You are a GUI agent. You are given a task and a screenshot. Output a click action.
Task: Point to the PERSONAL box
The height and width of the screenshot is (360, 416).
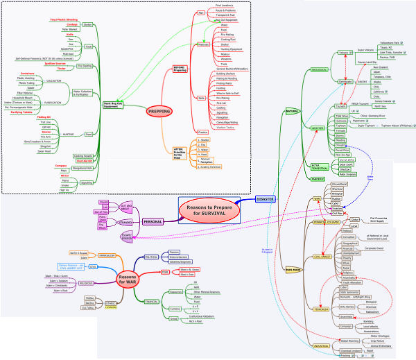tap(153, 222)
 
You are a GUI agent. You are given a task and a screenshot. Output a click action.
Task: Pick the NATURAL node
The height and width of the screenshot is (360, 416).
tap(292, 111)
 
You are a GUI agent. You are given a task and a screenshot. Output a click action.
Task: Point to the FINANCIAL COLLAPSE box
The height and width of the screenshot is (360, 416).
tap(326, 223)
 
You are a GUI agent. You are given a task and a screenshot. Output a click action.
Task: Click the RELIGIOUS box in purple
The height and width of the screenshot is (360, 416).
tap(85, 284)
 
